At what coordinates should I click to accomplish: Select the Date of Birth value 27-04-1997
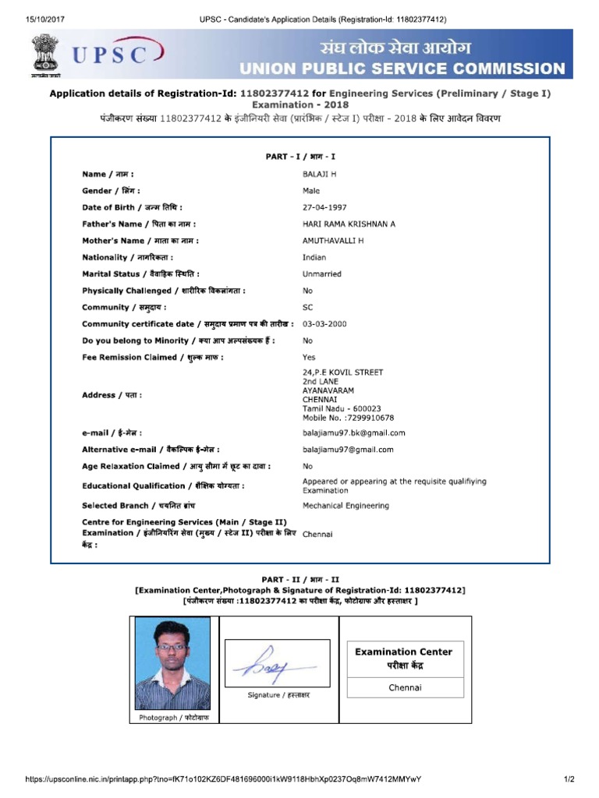pyautogui.click(x=324, y=207)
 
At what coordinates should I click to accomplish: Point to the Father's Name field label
pyautogui.click(x=140, y=224)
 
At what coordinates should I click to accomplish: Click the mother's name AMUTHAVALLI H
pyautogui.click(x=333, y=241)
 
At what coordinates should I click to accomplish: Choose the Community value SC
pyautogui.click(x=308, y=307)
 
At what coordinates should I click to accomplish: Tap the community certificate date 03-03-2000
pyautogui.click(x=324, y=323)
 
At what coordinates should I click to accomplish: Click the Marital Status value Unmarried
pyautogui.click(x=322, y=274)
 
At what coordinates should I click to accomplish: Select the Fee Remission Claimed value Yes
pyautogui.click(x=310, y=357)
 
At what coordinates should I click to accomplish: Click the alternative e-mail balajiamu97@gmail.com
pyautogui.click(x=348, y=450)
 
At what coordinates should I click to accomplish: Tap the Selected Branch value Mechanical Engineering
pyautogui.click(x=346, y=506)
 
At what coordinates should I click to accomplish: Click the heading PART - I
pyautogui.click(x=300, y=157)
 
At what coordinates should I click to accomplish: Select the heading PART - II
pyautogui.click(x=300, y=580)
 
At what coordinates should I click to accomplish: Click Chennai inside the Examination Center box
pyautogui.click(x=405, y=687)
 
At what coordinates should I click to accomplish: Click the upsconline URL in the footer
pyautogui.click(x=223, y=779)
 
